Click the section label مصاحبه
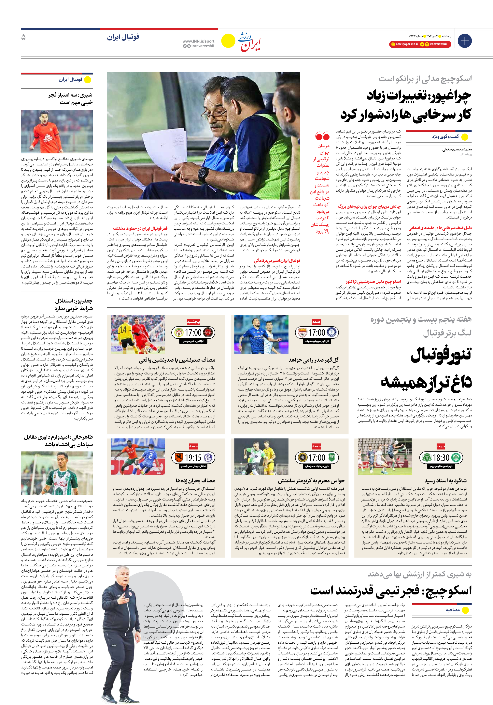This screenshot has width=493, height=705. [x=453, y=610]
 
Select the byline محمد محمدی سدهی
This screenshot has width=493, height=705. [x=457, y=149]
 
